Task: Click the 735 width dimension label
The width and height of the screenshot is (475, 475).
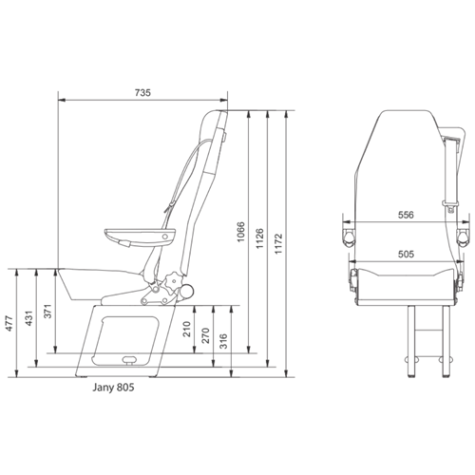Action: [143, 92]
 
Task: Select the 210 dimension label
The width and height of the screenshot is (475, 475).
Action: [186, 332]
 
